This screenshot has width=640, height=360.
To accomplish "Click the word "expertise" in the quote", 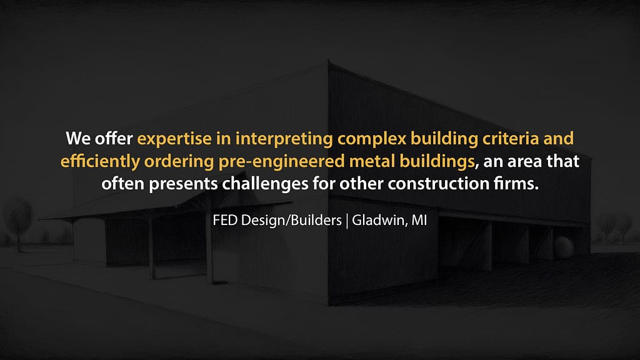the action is pos(174,139).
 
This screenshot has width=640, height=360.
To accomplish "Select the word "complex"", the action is pos(372,139).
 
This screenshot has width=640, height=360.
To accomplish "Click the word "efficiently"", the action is pos(100,161).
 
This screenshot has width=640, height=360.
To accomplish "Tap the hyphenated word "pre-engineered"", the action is pos(282,162).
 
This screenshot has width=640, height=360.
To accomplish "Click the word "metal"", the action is pos(372,161).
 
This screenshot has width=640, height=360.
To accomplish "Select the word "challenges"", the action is pos(265,184).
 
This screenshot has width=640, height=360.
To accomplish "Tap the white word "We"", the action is pos(78,139).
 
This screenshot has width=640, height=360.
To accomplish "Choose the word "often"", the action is pos(123,183).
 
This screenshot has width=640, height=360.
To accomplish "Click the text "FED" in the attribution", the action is pos(225,221).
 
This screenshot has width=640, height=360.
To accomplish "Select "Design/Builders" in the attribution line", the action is pos(291,221).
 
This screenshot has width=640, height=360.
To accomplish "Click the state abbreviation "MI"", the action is pos(419,221).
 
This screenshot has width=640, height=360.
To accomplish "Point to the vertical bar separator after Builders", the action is pos(347,221).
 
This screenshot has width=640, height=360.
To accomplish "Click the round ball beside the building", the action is pos(564,247).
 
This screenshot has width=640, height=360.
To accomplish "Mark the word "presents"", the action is pos(183,184).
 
